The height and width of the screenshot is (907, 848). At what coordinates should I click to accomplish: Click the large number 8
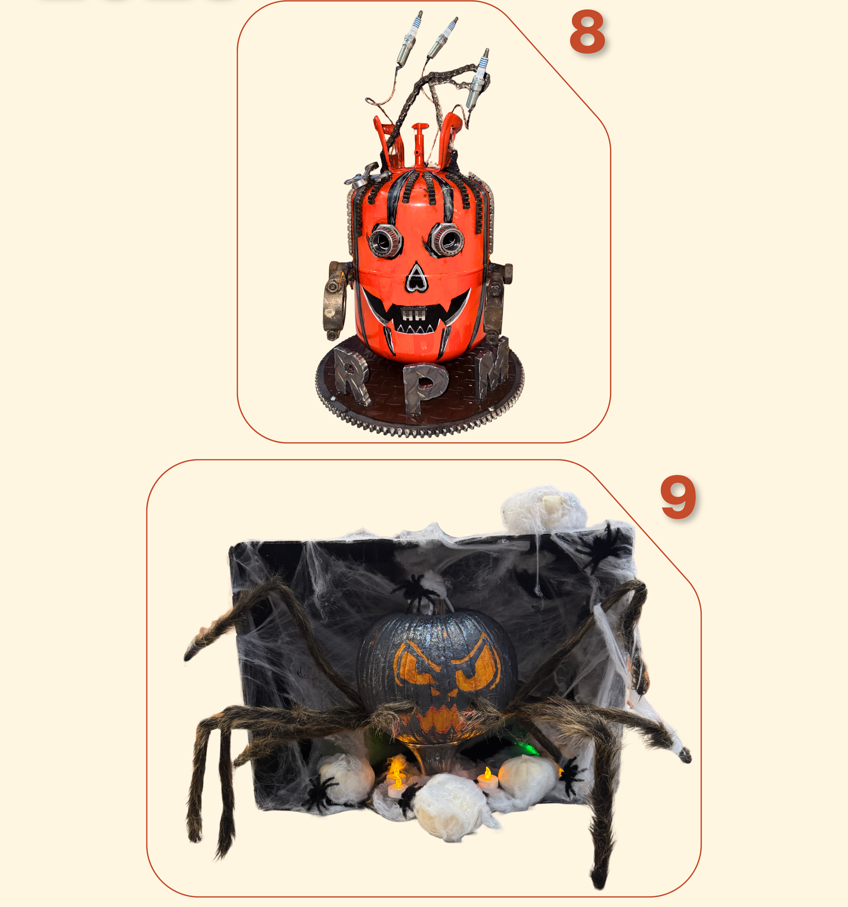[x=588, y=32]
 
